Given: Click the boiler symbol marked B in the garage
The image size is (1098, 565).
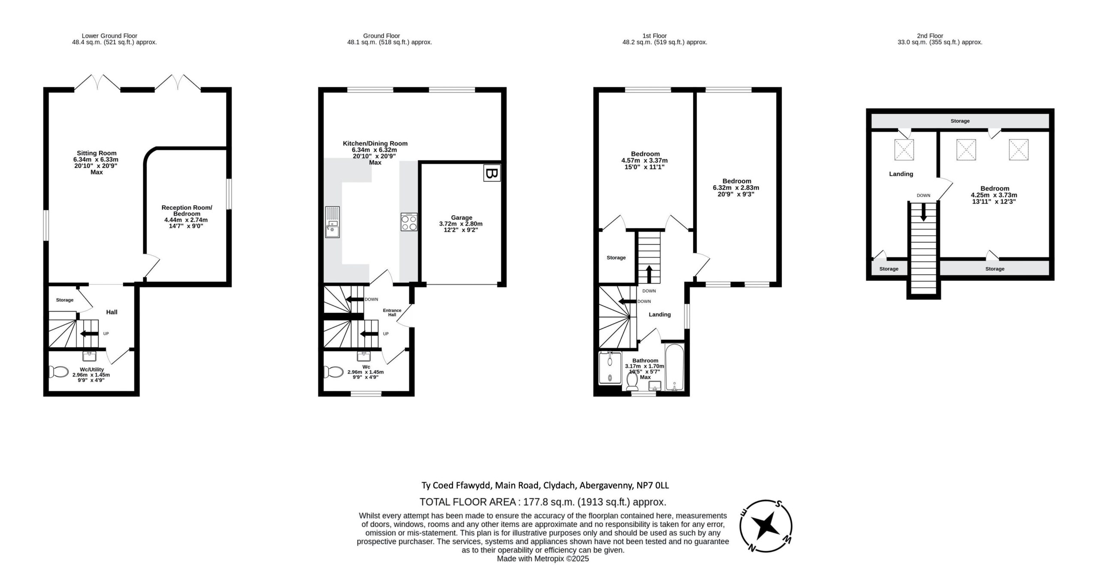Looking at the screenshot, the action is [x=492, y=173].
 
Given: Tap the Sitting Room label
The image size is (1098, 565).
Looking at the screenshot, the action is [x=97, y=153].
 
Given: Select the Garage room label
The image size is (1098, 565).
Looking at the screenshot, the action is [x=462, y=218].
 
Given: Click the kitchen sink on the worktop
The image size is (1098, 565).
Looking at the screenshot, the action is [x=332, y=222].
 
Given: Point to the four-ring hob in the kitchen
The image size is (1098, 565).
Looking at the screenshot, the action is [x=408, y=222].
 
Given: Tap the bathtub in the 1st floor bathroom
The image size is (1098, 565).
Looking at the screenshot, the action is [x=675, y=368].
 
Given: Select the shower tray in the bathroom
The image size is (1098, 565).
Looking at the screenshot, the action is [x=609, y=368].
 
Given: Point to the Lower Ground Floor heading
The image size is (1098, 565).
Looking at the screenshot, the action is [x=109, y=36].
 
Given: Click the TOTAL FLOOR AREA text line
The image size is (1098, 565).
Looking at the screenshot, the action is [x=543, y=502].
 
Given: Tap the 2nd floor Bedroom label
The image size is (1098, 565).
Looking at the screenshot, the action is [x=995, y=188].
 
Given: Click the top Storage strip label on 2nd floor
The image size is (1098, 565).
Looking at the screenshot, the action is [x=960, y=121].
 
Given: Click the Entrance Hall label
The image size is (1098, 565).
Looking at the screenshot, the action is [x=392, y=313].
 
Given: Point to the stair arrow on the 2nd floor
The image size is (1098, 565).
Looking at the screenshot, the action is [x=923, y=211].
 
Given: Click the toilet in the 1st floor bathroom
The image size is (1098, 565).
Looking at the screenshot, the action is [x=632, y=381].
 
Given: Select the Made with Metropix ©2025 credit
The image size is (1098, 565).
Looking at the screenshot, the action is [x=543, y=559].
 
